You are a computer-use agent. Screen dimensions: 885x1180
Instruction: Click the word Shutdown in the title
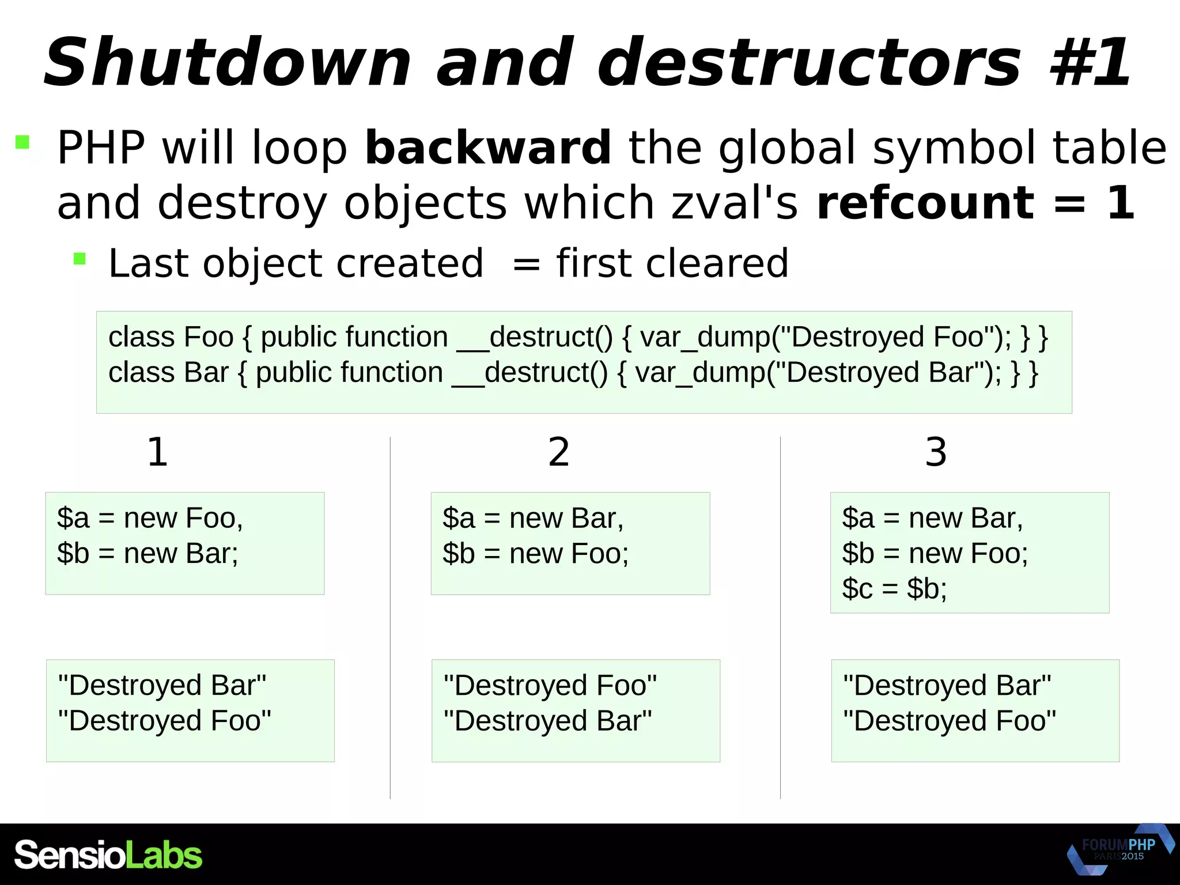[228, 62]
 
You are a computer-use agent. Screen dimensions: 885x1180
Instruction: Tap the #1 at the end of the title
[1091, 62]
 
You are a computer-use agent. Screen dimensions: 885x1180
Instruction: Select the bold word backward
[488, 148]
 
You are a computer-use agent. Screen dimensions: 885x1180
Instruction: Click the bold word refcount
[925, 203]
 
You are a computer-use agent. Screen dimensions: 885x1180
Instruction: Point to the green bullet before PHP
[22, 142]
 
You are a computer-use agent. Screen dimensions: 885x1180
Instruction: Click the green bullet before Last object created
[80, 259]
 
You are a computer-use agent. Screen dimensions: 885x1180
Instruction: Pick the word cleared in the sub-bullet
[717, 263]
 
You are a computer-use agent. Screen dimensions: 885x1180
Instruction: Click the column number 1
[157, 452]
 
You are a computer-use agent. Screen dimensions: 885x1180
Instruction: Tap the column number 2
[558, 452]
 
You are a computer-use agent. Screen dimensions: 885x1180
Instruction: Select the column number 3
[936, 452]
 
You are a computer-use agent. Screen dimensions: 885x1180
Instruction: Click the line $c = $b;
[894, 589]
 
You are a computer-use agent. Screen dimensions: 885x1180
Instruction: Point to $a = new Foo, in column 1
[150, 518]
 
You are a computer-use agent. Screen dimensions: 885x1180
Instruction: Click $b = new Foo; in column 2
[535, 554]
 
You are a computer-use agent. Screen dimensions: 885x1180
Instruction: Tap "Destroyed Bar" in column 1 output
[162, 686]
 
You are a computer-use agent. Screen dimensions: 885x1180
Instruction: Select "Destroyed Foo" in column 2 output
[550, 686]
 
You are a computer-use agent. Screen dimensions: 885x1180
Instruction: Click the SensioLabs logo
[108, 854]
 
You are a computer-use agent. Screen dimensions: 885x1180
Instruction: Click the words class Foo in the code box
[171, 337]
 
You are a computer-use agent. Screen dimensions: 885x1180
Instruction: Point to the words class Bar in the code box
[168, 373]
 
